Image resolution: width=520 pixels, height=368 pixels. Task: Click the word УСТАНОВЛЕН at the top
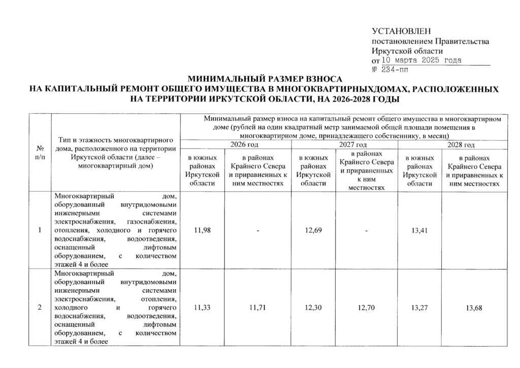(x=401, y=32)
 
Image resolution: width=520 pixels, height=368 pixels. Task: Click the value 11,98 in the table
(x=202, y=231)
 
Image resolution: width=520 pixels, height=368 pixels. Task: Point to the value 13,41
(x=419, y=231)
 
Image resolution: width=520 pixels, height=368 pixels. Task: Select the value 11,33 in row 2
(x=202, y=308)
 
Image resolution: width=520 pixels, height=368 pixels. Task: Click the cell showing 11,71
(x=258, y=308)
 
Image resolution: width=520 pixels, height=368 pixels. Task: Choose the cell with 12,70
(x=365, y=308)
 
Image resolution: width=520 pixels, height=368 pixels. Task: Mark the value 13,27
(x=419, y=308)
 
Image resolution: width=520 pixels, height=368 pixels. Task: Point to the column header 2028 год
(x=460, y=145)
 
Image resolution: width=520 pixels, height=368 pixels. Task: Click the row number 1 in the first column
(x=40, y=231)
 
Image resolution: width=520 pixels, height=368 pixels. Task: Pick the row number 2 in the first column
(x=40, y=308)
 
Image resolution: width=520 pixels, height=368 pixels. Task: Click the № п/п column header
(x=40, y=152)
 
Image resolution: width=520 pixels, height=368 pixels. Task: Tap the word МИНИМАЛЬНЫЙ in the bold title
(x=219, y=80)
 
